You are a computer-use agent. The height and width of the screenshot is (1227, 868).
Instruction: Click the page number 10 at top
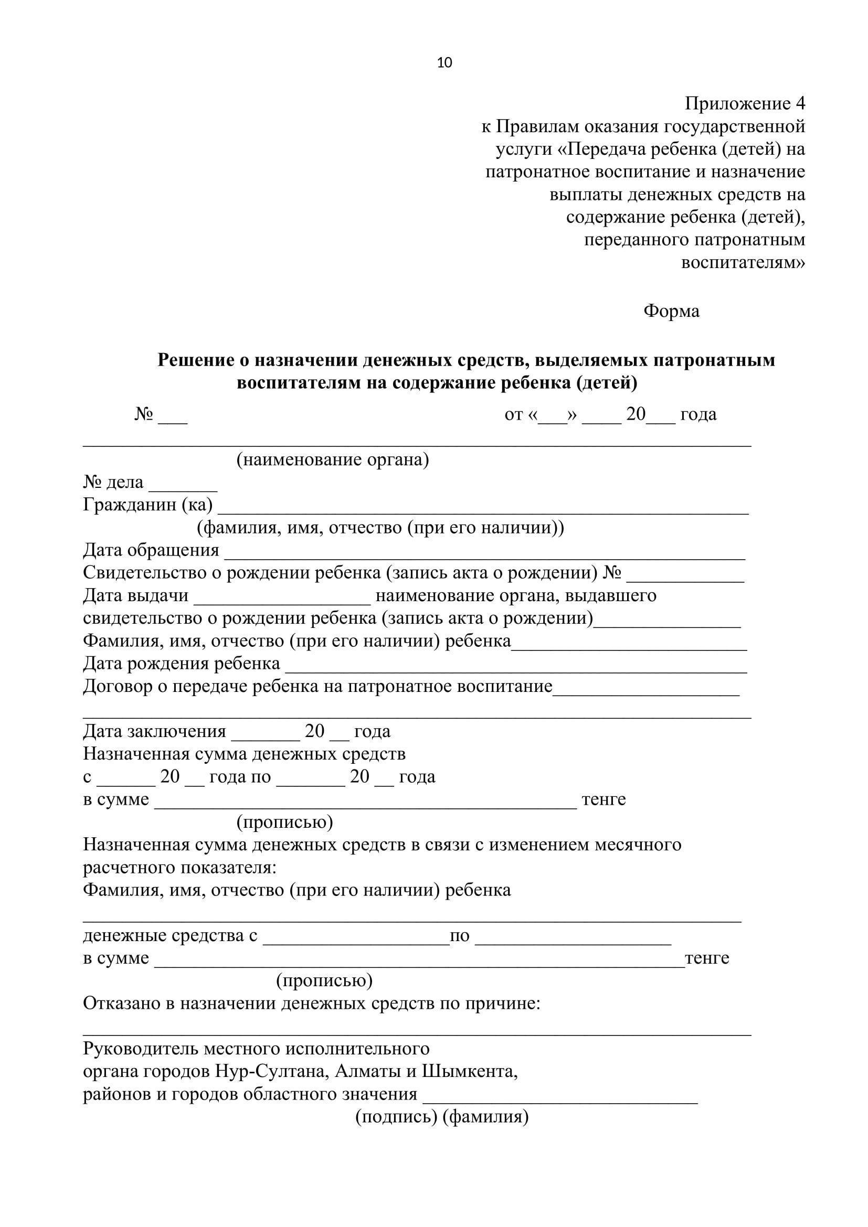(x=444, y=63)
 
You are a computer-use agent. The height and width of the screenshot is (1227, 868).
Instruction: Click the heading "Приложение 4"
(x=745, y=104)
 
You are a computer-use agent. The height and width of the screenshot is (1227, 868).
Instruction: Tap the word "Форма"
(x=671, y=311)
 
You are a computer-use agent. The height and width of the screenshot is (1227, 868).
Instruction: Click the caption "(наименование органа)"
(x=332, y=460)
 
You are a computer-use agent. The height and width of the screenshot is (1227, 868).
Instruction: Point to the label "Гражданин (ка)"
(x=147, y=505)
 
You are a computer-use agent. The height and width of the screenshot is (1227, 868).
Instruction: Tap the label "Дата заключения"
(x=154, y=731)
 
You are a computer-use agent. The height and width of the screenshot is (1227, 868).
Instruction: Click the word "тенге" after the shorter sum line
(x=604, y=799)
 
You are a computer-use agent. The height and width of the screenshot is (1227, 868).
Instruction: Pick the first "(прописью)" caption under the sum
(x=284, y=822)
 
